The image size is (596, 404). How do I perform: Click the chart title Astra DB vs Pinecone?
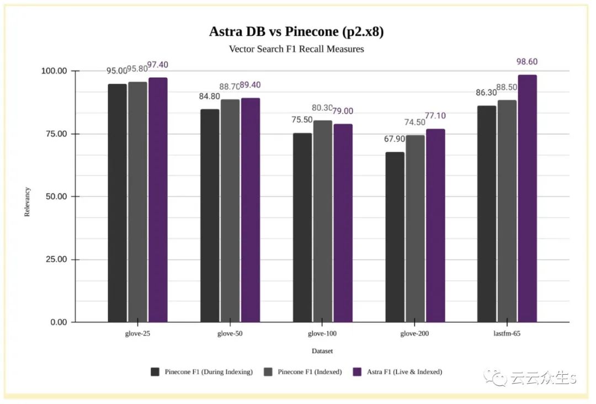pos(296,31)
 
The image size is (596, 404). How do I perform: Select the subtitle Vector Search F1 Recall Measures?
pos(296,49)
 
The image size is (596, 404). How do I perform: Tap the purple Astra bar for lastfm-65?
pos(527,199)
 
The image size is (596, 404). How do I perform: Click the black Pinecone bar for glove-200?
pos(395,237)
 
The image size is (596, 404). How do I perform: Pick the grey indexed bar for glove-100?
pos(323,221)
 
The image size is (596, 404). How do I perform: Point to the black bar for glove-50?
pos(210,216)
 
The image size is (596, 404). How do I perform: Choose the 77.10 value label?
pos(435,116)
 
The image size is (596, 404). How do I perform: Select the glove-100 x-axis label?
pos(322,334)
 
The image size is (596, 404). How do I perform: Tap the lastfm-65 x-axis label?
pos(507,334)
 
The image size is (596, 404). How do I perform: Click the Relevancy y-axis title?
pos(28,202)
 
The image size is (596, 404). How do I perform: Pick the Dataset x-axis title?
pos(322,351)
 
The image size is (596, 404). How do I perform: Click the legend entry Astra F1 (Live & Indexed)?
pos(405,372)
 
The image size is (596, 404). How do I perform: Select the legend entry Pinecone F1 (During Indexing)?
pos(209,372)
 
